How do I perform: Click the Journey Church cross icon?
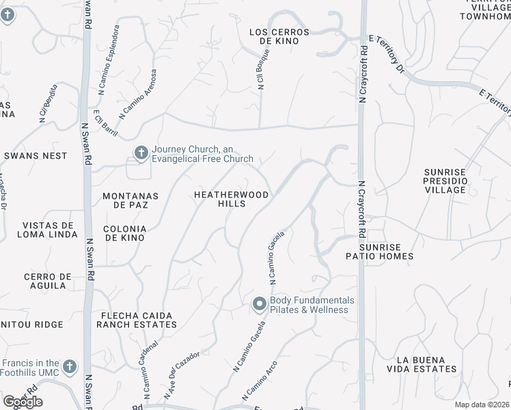pos(141,152)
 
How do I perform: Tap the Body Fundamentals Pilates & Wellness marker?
pos(260,303)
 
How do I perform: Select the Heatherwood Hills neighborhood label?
pos(232,199)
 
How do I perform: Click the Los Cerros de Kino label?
pos(279,36)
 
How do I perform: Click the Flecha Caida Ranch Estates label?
pos(137,320)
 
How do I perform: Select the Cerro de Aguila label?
pos(47,281)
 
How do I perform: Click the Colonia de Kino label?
pos(124,233)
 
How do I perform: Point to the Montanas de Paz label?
pos(130,200)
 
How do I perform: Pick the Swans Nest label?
pos(36,156)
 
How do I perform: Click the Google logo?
pos(23,401)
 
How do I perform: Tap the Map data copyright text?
pos(482,405)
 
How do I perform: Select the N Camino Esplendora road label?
pos(109,59)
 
